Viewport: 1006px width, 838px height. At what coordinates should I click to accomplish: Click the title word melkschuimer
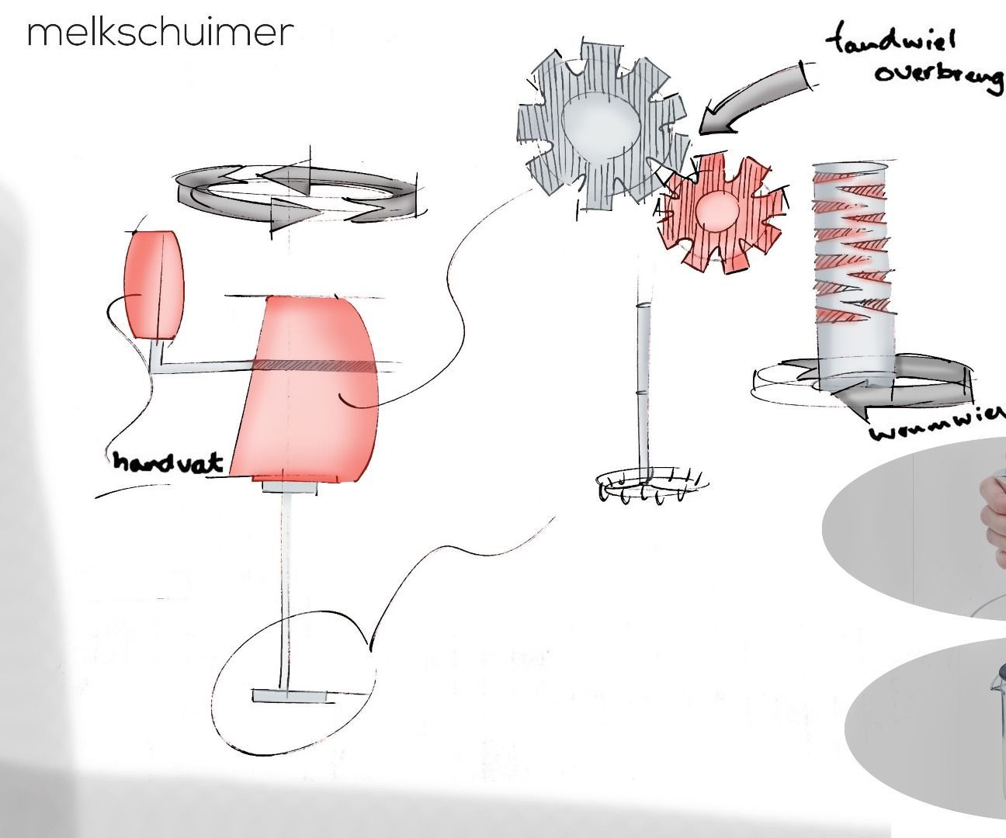click(x=160, y=32)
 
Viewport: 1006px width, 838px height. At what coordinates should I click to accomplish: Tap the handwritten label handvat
click(x=168, y=462)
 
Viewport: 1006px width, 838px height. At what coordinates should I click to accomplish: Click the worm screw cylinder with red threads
click(x=852, y=272)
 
